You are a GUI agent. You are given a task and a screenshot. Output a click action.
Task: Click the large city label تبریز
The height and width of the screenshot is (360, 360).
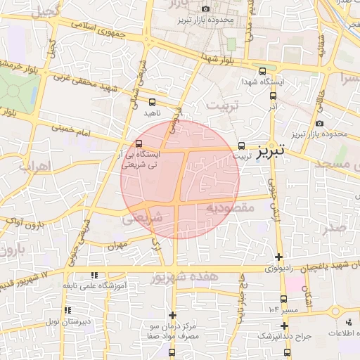pos(270,151)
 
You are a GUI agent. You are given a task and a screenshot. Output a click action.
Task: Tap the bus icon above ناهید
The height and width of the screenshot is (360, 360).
pos(153,101)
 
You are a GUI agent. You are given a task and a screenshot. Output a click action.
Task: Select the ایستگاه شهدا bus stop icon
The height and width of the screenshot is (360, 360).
pos(263,71)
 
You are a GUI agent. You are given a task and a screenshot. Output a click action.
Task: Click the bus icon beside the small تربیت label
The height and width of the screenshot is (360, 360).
pos(242,146)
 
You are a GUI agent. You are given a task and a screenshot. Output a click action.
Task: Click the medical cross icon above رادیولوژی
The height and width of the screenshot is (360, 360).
pos(279,257)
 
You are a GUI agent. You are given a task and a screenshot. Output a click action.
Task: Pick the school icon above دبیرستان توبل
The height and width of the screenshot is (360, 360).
pos(67,310)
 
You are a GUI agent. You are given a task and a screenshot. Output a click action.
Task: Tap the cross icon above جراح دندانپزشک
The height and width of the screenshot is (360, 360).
pos(284,326)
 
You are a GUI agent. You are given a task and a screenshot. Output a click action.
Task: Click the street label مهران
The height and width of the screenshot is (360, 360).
pos(117,247)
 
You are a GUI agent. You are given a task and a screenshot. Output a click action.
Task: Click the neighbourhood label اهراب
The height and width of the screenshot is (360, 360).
pos(32,168)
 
